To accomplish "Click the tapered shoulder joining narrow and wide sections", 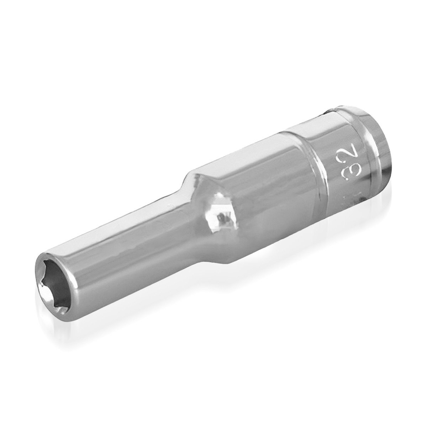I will pos(199,199).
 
